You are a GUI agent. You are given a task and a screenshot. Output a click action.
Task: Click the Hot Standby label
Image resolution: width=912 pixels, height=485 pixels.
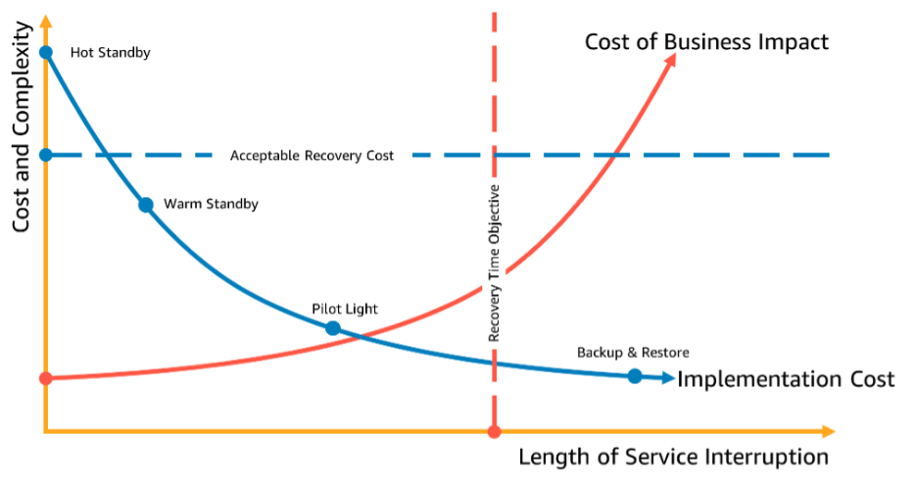click(110, 53)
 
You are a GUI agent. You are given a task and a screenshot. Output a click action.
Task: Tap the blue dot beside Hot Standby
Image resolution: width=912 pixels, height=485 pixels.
click(45, 52)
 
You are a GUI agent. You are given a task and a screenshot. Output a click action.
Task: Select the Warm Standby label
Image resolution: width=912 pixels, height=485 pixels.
click(211, 205)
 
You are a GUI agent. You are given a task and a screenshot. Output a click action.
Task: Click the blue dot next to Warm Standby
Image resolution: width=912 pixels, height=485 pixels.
click(146, 205)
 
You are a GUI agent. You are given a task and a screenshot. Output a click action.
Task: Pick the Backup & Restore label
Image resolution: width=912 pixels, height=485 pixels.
click(633, 353)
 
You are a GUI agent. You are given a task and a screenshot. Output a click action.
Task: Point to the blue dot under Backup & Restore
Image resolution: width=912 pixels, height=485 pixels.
click(635, 376)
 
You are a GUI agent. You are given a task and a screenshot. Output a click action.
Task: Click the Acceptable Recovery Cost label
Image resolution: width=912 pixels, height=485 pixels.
click(312, 156)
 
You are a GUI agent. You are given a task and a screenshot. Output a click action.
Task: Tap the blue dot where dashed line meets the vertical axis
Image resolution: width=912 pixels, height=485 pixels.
click(45, 155)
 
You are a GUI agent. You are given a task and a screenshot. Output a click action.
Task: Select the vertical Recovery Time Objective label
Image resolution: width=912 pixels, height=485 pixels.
click(495, 263)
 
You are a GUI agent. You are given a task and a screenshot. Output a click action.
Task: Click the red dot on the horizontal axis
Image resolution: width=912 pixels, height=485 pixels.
click(494, 431)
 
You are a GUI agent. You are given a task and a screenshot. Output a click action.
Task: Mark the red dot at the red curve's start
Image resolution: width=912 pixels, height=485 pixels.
click(45, 377)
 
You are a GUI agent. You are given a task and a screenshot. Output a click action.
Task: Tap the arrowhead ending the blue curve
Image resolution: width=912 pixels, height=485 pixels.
click(670, 377)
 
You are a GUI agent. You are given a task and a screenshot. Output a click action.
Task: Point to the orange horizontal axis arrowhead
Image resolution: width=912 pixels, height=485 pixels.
click(830, 431)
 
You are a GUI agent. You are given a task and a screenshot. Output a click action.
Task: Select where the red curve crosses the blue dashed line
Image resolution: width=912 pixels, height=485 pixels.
click(615, 155)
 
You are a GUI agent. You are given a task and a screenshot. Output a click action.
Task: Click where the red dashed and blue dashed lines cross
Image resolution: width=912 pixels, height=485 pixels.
click(494, 155)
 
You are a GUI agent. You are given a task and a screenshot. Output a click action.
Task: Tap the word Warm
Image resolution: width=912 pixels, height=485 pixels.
click(182, 205)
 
